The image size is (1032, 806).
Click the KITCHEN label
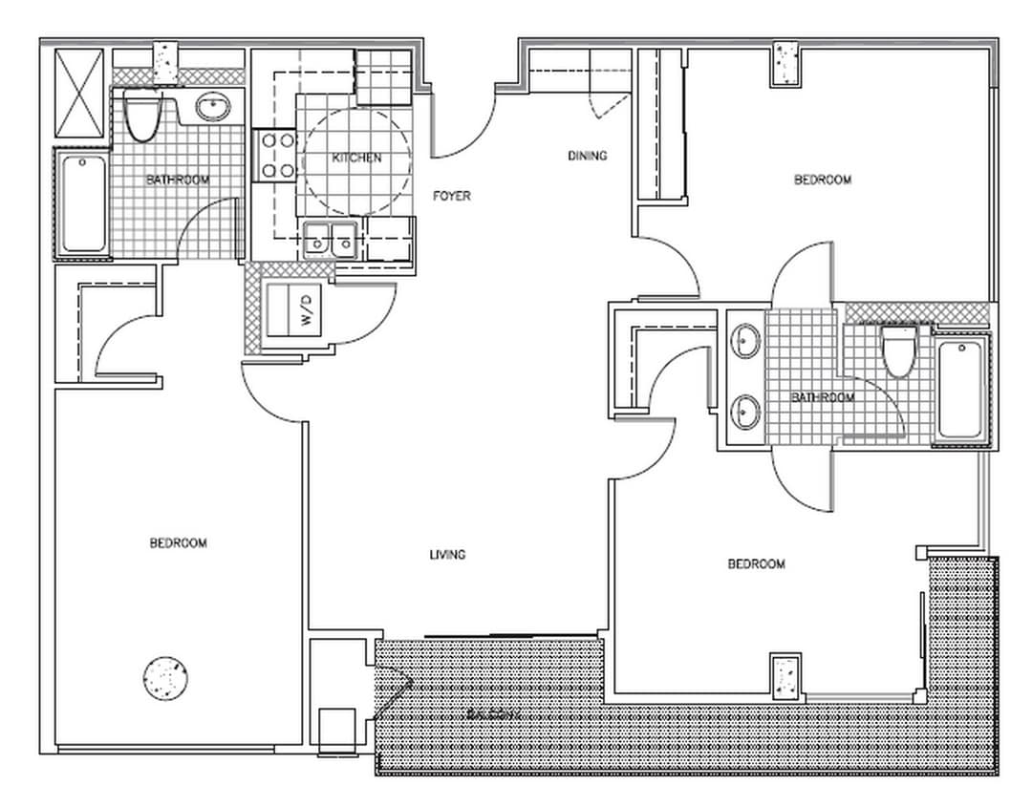[356, 158]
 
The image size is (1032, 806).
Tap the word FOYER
[451, 196]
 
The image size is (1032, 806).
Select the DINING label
[587, 156]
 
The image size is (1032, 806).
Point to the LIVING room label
[447, 555]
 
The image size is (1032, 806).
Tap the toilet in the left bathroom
[141, 118]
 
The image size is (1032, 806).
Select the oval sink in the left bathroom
[212, 107]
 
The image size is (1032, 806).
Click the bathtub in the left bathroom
[84, 203]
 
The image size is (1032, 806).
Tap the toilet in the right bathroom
[898, 350]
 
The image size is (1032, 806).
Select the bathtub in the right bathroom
[960, 390]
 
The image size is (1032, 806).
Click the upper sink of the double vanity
[745, 340]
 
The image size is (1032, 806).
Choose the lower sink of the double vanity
[745, 413]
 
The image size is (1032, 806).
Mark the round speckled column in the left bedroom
[164, 677]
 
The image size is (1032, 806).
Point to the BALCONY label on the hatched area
[493, 714]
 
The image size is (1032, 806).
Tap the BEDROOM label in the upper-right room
[823, 180]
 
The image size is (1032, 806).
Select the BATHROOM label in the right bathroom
[823, 397]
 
